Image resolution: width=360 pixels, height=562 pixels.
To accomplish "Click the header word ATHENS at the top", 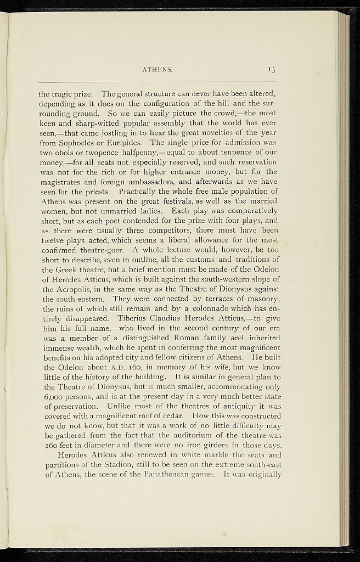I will [157, 70].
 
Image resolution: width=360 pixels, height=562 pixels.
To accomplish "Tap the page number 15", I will [272, 70].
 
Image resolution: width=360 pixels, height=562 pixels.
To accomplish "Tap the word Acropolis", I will [69, 289].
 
